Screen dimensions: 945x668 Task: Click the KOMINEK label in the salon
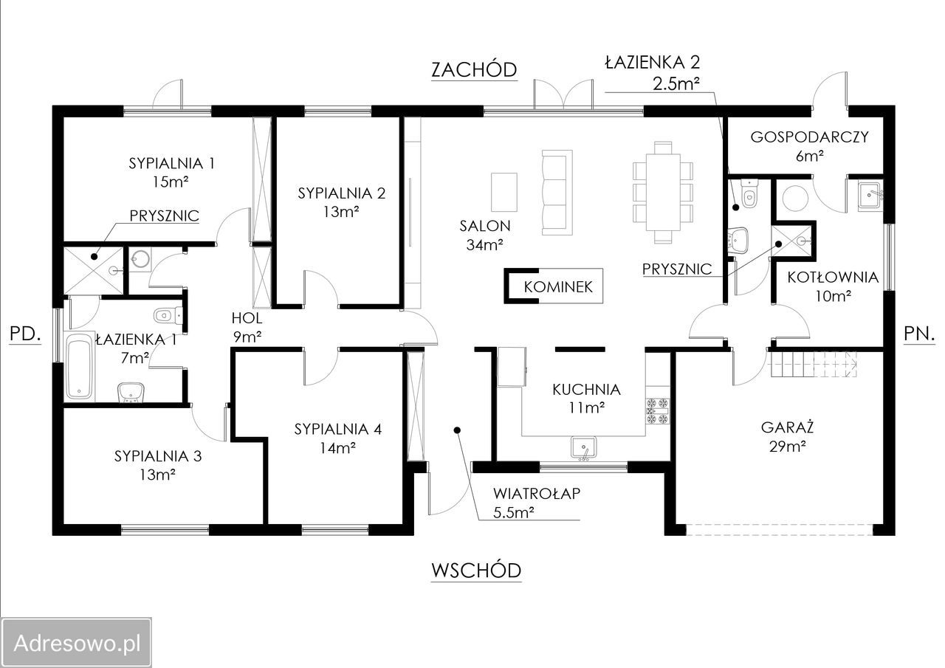pyautogui.click(x=558, y=287)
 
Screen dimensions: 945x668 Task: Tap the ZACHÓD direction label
pyautogui.click(x=474, y=69)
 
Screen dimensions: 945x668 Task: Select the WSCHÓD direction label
pyautogui.click(x=476, y=571)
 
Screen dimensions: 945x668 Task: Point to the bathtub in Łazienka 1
pyautogui.click(x=79, y=366)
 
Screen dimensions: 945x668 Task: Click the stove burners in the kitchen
pyautogui.click(x=658, y=410)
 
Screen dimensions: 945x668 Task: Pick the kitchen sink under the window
pyautogui.click(x=584, y=447)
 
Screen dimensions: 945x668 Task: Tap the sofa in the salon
pyautogui.click(x=557, y=193)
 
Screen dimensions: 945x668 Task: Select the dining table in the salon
pyautogui.click(x=663, y=193)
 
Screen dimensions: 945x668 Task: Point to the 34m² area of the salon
pyautogui.click(x=484, y=245)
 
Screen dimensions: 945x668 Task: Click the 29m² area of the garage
pyautogui.click(x=787, y=447)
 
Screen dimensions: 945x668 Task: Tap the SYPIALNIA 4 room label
pyautogui.click(x=338, y=430)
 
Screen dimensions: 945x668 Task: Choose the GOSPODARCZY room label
pyautogui.click(x=810, y=137)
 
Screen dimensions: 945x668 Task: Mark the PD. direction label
pyautogui.click(x=25, y=334)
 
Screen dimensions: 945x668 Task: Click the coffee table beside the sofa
pyautogui.click(x=504, y=193)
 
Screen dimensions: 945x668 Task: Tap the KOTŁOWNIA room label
pyautogui.click(x=833, y=278)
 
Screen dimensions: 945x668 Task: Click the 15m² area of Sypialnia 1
pyautogui.click(x=171, y=182)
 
